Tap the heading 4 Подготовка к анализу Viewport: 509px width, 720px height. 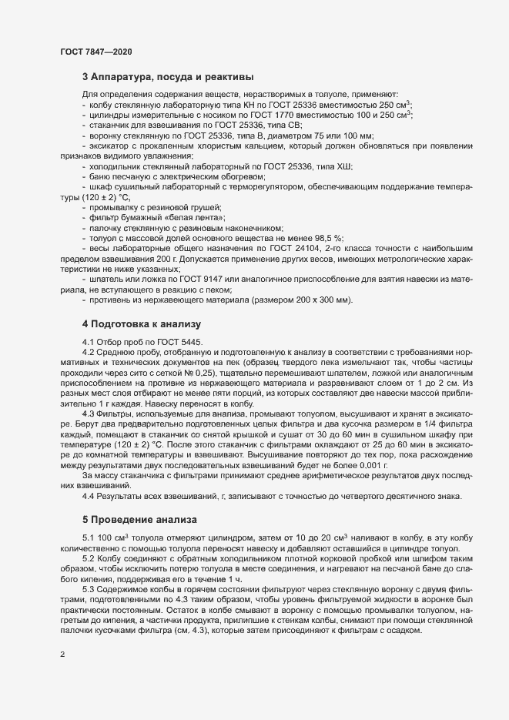coord(141,324)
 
